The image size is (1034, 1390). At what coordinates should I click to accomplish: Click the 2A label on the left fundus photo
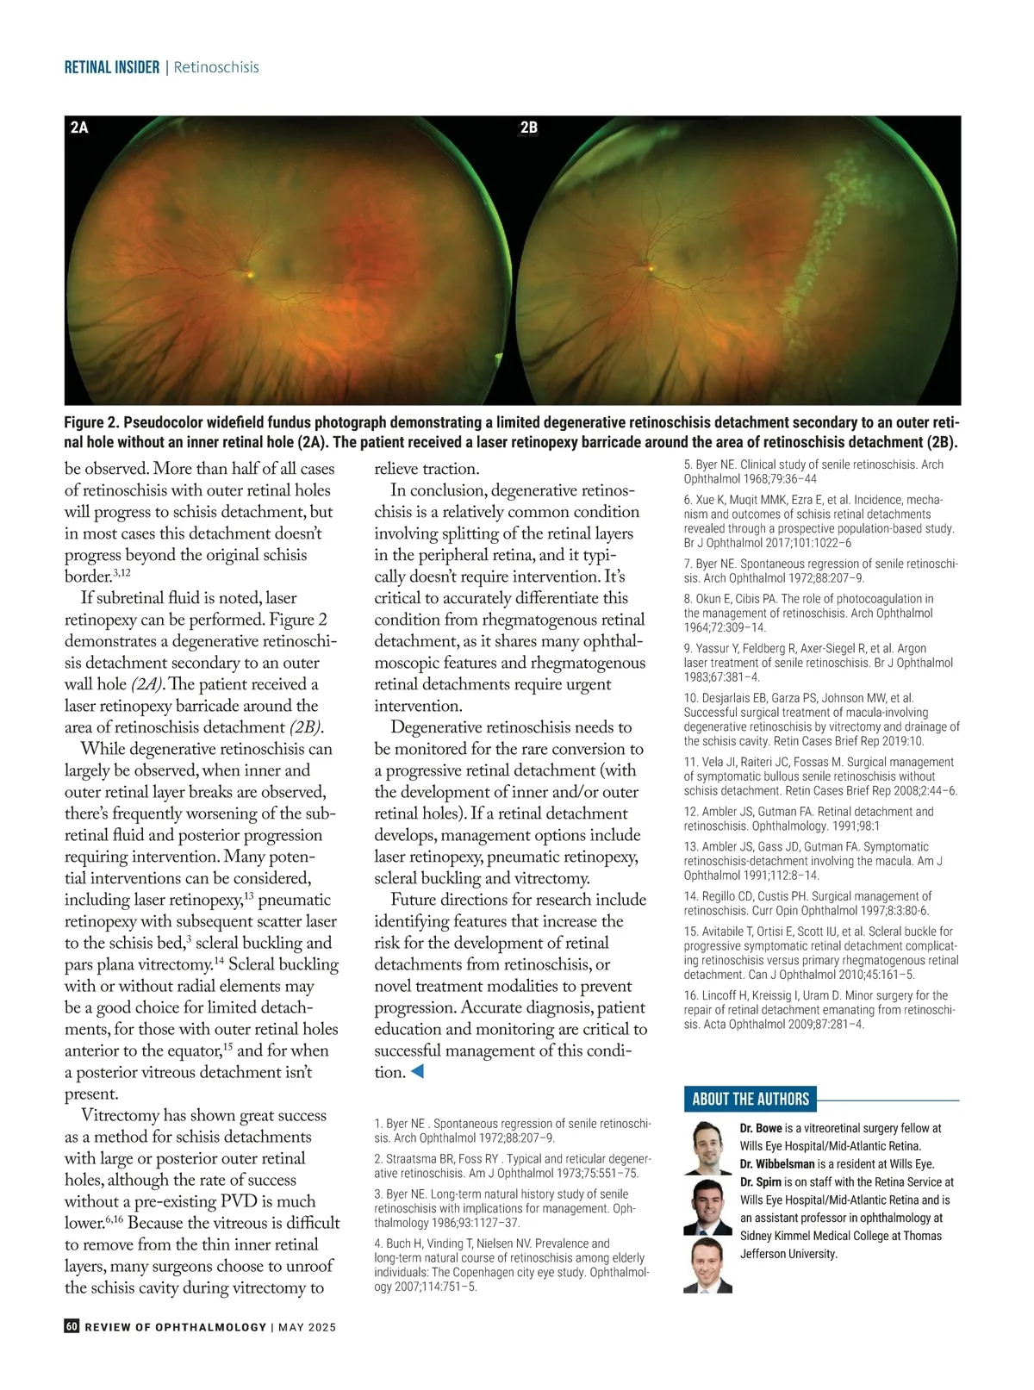(79, 128)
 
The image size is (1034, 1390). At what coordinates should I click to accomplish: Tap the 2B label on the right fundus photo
(528, 128)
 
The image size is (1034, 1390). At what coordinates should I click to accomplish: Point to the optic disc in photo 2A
(251, 274)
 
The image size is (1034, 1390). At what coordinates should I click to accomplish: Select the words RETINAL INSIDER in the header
(112, 67)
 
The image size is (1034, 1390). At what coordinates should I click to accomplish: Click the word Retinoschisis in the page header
(216, 67)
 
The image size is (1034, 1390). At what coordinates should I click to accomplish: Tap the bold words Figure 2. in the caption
(91, 423)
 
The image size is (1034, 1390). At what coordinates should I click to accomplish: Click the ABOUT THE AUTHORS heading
(751, 1099)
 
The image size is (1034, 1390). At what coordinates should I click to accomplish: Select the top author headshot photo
(707, 1148)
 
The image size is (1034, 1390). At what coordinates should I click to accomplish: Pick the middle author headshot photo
(707, 1206)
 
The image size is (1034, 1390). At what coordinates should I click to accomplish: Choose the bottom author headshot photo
(707, 1266)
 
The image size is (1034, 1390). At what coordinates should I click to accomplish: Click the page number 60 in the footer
(72, 1326)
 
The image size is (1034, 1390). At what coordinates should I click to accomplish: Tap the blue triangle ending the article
(417, 1072)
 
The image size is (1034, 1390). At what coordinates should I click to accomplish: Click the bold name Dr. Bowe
(761, 1128)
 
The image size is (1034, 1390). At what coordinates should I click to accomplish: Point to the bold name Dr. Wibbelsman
(776, 1163)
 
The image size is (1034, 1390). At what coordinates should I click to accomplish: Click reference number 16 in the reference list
(690, 995)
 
